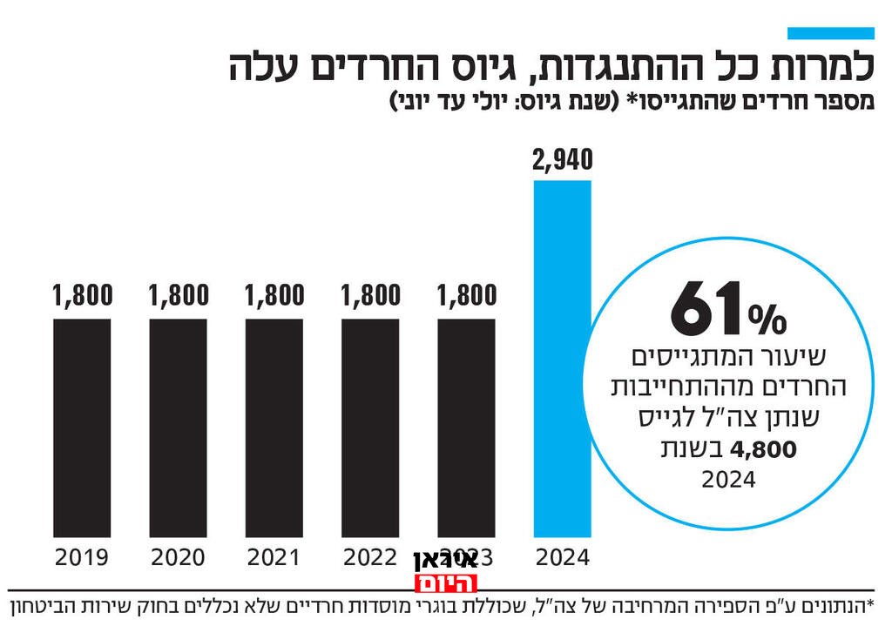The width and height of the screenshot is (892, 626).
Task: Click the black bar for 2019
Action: pyautogui.click(x=82, y=427)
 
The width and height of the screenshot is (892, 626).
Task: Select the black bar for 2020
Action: pyautogui.click(x=179, y=427)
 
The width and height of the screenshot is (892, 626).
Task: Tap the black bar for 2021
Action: pyautogui.click(x=274, y=427)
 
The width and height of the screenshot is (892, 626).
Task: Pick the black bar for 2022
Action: pyautogui.click(x=370, y=427)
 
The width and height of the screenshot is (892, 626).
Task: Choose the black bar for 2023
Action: pyautogui.click(x=466, y=427)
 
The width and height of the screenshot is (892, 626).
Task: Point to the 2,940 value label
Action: pyautogui.click(x=562, y=160)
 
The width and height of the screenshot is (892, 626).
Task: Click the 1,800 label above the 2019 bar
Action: pyautogui.click(x=82, y=296)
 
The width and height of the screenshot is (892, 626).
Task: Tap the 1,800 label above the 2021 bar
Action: pyautogui.click(x=274, y=296)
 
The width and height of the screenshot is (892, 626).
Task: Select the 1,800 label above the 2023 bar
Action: pyautogui.click(x=466, y=296)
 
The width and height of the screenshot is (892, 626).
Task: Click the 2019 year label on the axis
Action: pyautogui.click(x=82, y=557)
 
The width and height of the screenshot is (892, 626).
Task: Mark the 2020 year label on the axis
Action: pyautogui.click(x=179, y=557)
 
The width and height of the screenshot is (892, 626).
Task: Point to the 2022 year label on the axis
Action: pyautogui.click(x=370, y=557)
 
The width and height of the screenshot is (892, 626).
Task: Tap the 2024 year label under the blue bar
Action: pyautogui.click(x=562, y=557)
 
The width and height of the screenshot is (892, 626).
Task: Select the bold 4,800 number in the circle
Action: pyautogui.click(x=765, y=450)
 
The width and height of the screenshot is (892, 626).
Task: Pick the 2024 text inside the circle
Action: pyautogui.click(x=728, y=480)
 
